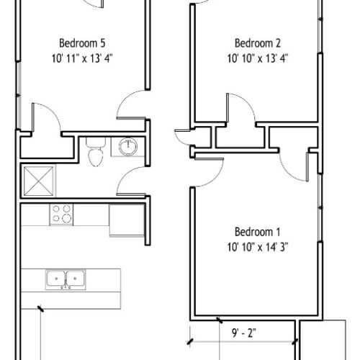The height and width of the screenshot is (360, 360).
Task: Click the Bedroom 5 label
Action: (82, 43)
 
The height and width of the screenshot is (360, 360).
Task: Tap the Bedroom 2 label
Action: (258, 43)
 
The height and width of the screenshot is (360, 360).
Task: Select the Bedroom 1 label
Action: (258, 232)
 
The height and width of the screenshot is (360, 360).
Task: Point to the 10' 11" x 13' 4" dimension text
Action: (82, 58)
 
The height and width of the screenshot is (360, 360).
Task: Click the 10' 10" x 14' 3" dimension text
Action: (258, 247)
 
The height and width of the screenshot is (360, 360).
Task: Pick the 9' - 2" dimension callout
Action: (244, 333)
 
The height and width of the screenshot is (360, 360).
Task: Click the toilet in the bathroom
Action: (96, 152)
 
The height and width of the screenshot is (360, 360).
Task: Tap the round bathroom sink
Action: (128, 146)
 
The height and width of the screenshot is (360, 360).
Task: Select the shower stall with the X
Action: (38, 181)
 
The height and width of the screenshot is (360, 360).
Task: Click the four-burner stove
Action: (61, 215)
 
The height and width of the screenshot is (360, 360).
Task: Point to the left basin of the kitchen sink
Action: (56, 279)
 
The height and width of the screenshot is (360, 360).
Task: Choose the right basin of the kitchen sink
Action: (76, 279)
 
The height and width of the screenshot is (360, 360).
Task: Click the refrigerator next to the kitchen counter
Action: (127, 220)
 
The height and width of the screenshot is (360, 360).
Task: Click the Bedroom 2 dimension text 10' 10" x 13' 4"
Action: (258, 58)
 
